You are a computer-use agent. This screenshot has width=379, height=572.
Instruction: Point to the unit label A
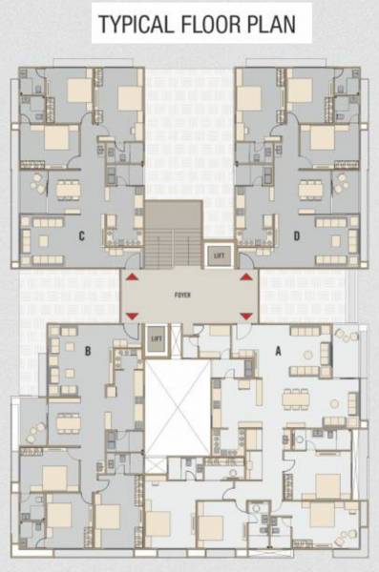(279, 350)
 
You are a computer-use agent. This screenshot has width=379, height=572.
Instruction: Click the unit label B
(87, 351)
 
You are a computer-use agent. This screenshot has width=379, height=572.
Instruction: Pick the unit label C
(83, 235)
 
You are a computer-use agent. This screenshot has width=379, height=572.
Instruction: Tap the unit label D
(298, 235)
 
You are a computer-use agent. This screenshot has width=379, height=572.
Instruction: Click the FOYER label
(183, 296)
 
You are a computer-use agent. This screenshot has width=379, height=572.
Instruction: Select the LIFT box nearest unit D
(220, 255)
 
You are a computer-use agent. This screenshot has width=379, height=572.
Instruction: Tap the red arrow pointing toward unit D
(246, 277)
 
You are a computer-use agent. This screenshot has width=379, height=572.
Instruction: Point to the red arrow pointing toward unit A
(246, 316)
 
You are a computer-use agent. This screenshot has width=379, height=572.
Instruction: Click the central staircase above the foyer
(173, 235)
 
